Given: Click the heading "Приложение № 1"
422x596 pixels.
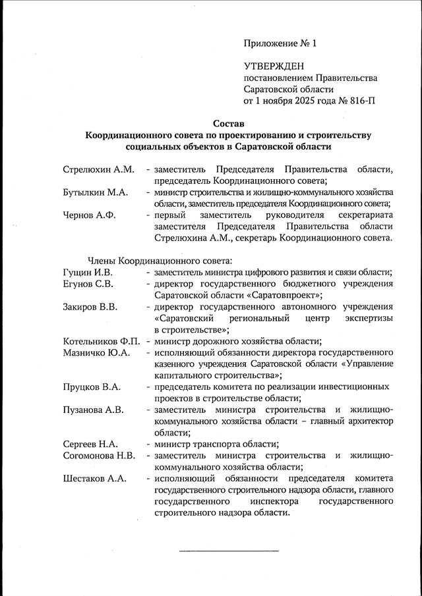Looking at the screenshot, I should tap(280, 44).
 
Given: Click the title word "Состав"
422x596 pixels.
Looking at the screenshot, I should tap(228, 123).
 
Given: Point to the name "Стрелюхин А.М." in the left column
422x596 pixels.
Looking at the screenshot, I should tap(98, 169).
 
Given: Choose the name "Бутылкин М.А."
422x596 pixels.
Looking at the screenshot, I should tap(95, 192).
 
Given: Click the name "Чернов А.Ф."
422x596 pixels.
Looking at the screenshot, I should tap(90, 215).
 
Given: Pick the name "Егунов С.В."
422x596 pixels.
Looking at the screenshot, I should tap(88, 284).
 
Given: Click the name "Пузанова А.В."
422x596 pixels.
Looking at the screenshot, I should tap(93, 410).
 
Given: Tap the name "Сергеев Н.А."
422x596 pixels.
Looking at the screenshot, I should tap(90, 444).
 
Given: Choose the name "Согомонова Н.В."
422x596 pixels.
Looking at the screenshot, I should tap(99, 455).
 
